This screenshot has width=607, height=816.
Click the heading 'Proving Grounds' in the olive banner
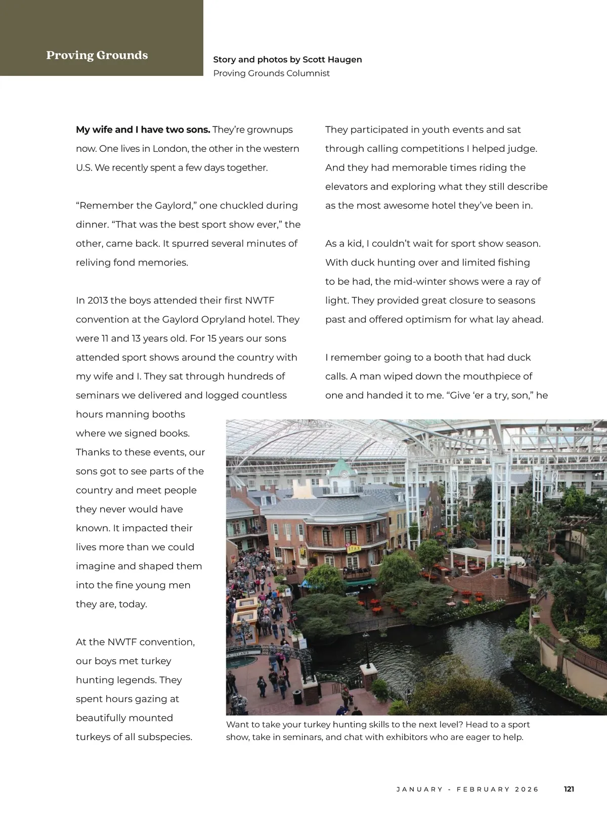[97, 55]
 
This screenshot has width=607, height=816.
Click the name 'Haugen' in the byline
[345, 60]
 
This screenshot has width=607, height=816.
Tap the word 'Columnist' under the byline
[308, 73]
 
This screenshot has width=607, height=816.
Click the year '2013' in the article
[97, 300]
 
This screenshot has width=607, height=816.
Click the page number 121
[569, 789]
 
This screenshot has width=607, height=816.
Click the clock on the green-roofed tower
[344, 474]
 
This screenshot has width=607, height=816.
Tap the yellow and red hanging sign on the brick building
[354, 548]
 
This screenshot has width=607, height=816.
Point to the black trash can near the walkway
[297, 697]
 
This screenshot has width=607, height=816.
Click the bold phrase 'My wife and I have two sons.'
[143, 130]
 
